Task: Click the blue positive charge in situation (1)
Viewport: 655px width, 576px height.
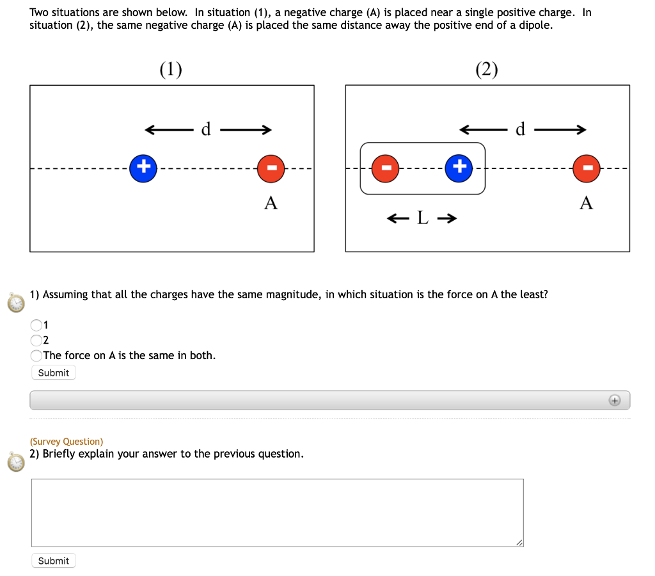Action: [144, 168]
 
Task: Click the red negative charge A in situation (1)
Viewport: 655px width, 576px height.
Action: [271, 168]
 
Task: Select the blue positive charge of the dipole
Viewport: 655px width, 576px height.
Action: [459, 168]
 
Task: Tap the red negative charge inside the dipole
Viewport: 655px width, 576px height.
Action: [386, 168]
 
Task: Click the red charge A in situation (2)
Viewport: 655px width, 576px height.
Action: [586, 168]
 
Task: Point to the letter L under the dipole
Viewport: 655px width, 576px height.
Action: [422, 219]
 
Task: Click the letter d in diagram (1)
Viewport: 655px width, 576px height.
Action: [206, 130]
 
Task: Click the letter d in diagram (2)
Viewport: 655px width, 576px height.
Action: [520, 130]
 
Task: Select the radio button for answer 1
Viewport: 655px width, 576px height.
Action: [37, 325]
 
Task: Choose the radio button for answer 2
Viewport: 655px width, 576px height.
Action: [37, 340]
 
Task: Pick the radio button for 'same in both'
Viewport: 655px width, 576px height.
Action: [37, 355]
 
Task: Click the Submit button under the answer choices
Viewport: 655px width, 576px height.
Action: [54, 372]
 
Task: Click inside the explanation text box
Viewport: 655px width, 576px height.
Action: [277, 512]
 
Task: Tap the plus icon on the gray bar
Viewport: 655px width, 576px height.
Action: [614, 400]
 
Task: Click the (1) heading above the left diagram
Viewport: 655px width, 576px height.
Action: [171, 69]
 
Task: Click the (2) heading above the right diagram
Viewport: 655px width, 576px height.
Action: [487, 69]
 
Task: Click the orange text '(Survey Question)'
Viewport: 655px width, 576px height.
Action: [67, 442]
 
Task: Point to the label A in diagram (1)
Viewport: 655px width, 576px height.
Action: [271, 204]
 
